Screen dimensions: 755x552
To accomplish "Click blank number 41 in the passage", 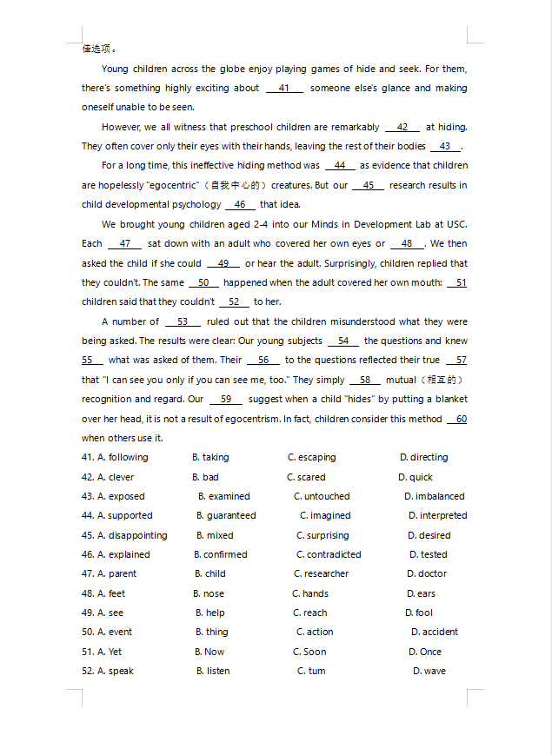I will click(x=284, y=88).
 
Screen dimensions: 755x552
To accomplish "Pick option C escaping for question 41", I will click(x=311, y=457).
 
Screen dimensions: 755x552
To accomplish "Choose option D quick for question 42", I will click(x=416, y=477).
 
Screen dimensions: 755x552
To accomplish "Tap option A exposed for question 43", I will click(x=121, y=496).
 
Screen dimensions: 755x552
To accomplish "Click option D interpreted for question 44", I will click(x=437, y=515).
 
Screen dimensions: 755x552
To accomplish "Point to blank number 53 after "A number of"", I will click(x=183, y=321).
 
